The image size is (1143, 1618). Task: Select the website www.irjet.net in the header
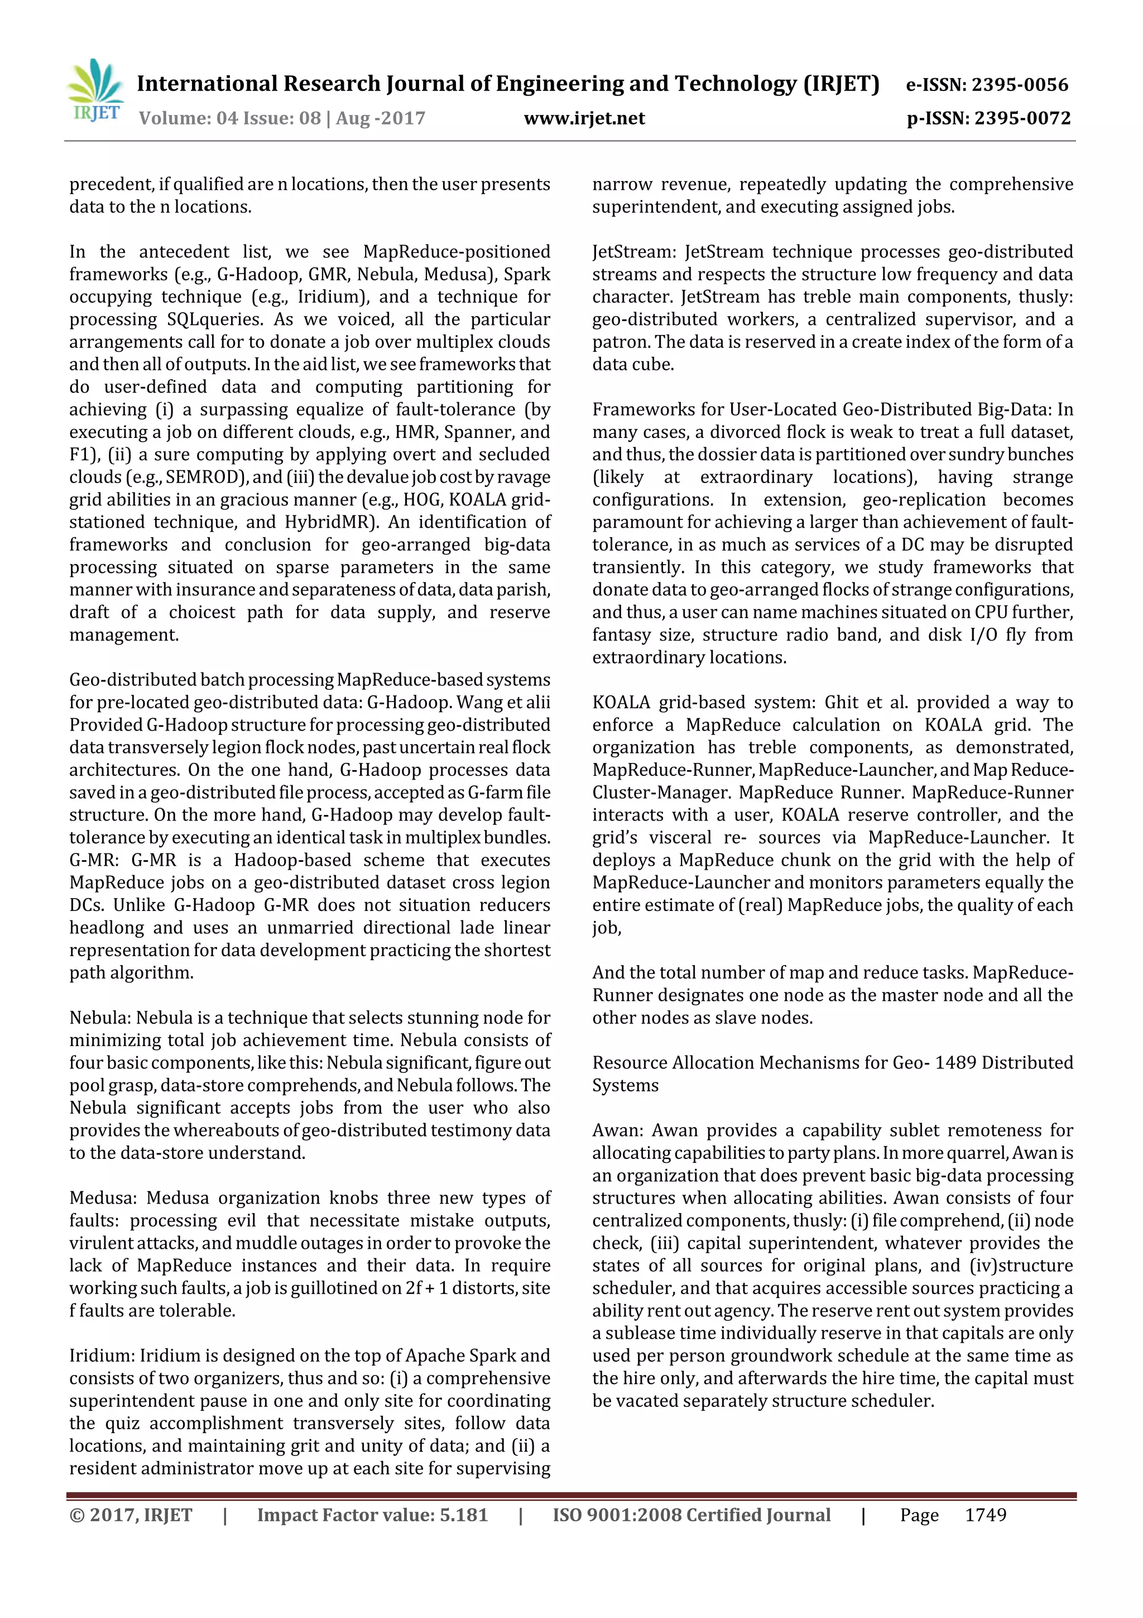(584, 118)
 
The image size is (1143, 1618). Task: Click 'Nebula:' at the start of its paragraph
(100, 1018)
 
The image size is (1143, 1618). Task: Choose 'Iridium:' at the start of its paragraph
(102, 1356)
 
